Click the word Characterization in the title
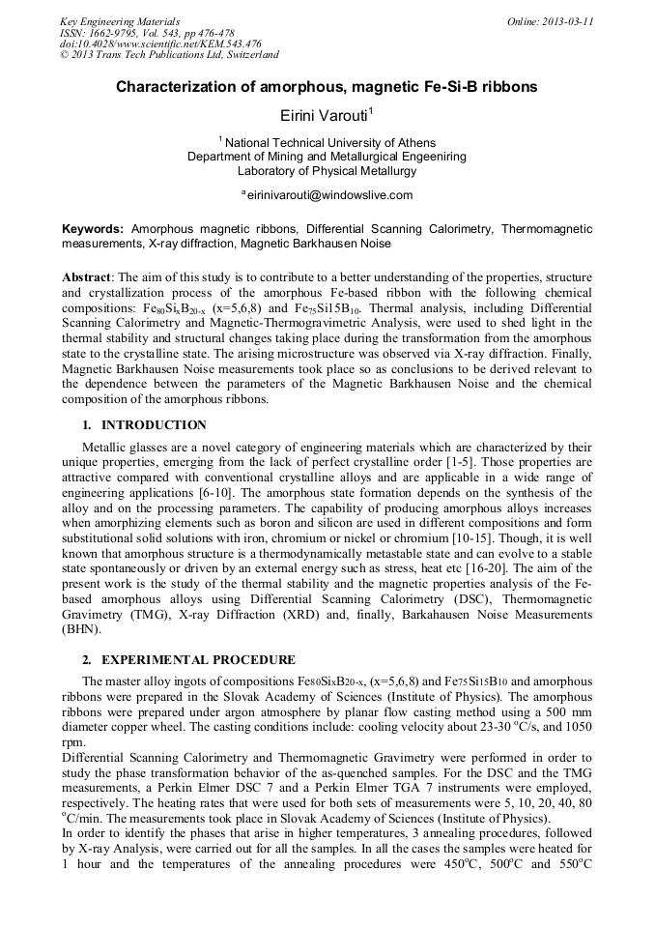[180, 87]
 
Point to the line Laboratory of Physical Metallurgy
[327, 170]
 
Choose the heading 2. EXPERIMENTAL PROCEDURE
[188, 660]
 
